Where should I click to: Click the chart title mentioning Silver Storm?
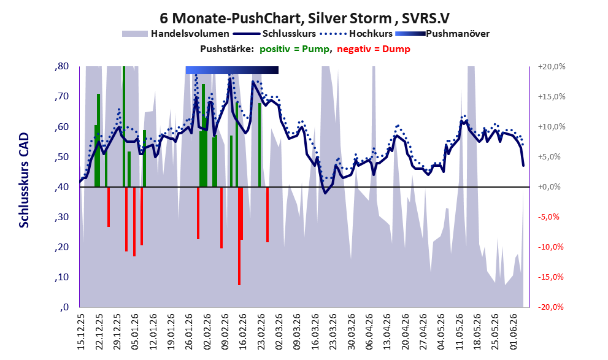coord(304,18)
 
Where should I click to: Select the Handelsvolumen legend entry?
coord(175,34)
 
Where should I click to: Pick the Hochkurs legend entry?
coord(356,34)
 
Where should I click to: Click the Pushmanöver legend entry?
coord(442,34)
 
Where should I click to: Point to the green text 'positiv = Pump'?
coord(294,49)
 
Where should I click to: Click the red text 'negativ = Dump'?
coord(374,49)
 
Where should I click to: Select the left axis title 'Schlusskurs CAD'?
coord(24,180)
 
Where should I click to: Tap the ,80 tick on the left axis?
coord(61,66)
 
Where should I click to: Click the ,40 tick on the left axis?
coord(61,187)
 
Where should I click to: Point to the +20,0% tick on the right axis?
coord(552,67)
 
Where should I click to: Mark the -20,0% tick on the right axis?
coord(550,307)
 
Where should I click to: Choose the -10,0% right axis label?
coord(550,247)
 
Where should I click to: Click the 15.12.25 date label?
coord(80,332)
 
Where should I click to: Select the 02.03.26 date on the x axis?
coord(279,332)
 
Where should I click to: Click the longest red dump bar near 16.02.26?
coord(239,236)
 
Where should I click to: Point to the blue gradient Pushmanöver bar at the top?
coord(232,70)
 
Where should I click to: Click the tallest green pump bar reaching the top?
coord(124,126)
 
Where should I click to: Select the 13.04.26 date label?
coord(387,332)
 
